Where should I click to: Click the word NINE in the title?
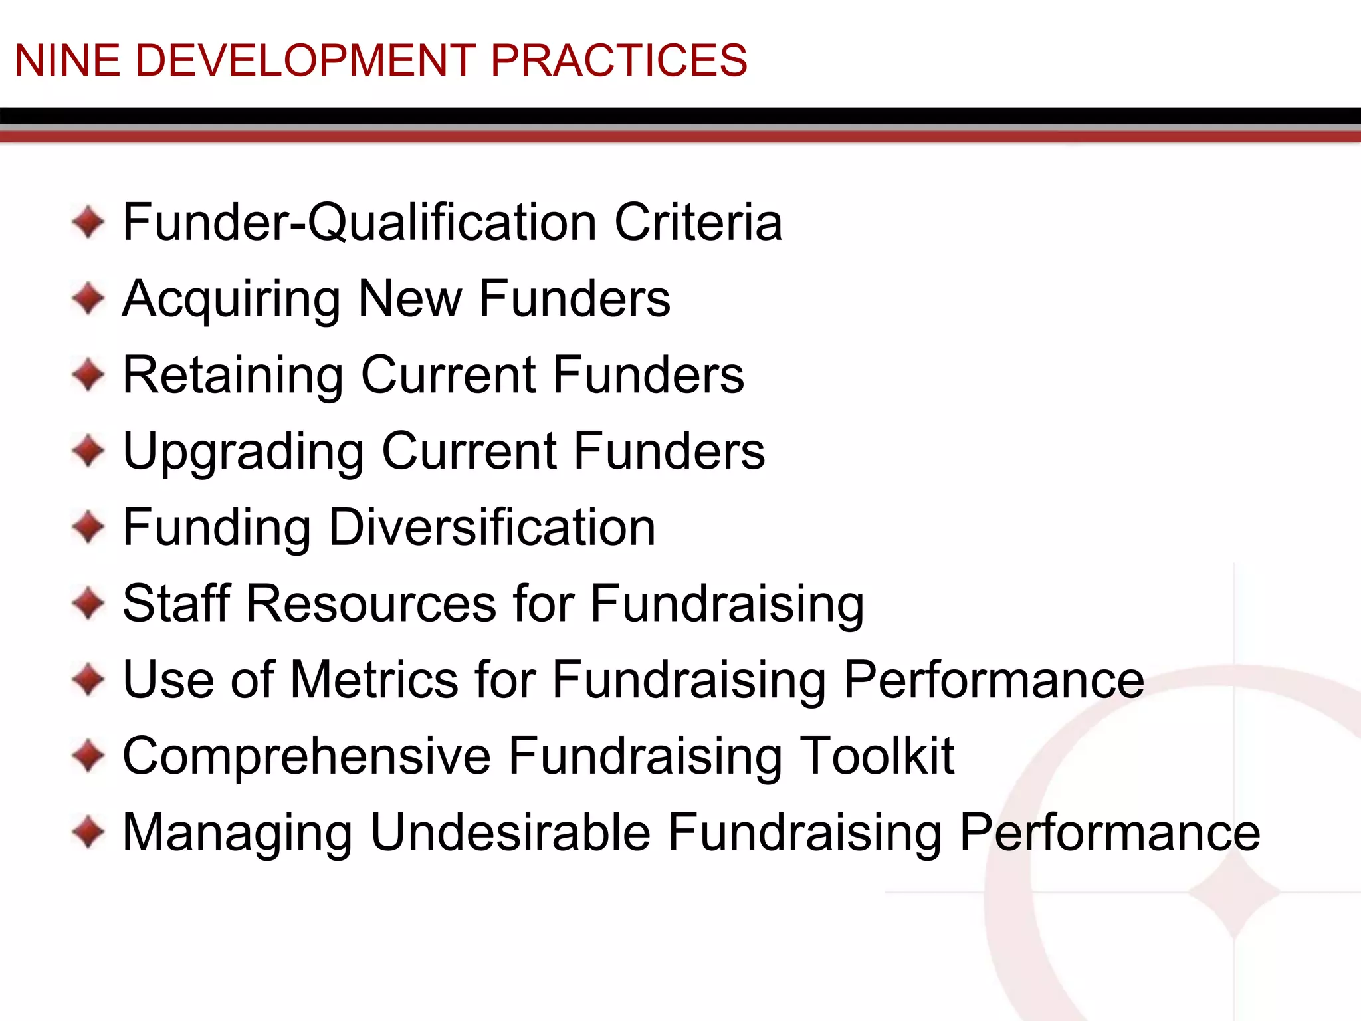(x=67, y=60)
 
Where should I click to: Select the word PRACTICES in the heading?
(x=619, y=60)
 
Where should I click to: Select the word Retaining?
(x=233, y=376)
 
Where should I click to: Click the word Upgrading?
(x=243, y=453)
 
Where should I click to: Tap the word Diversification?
(x=492, y=528)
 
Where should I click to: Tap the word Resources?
(x=371, y=604)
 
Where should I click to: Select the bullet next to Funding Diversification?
(x=88, y=528)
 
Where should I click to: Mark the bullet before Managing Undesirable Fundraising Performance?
(x=88, y=832)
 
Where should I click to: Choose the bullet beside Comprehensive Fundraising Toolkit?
(x=88, y=756)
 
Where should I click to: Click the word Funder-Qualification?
(x=360, y=223)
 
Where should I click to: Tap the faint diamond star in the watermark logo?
(x=1234, y=893)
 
